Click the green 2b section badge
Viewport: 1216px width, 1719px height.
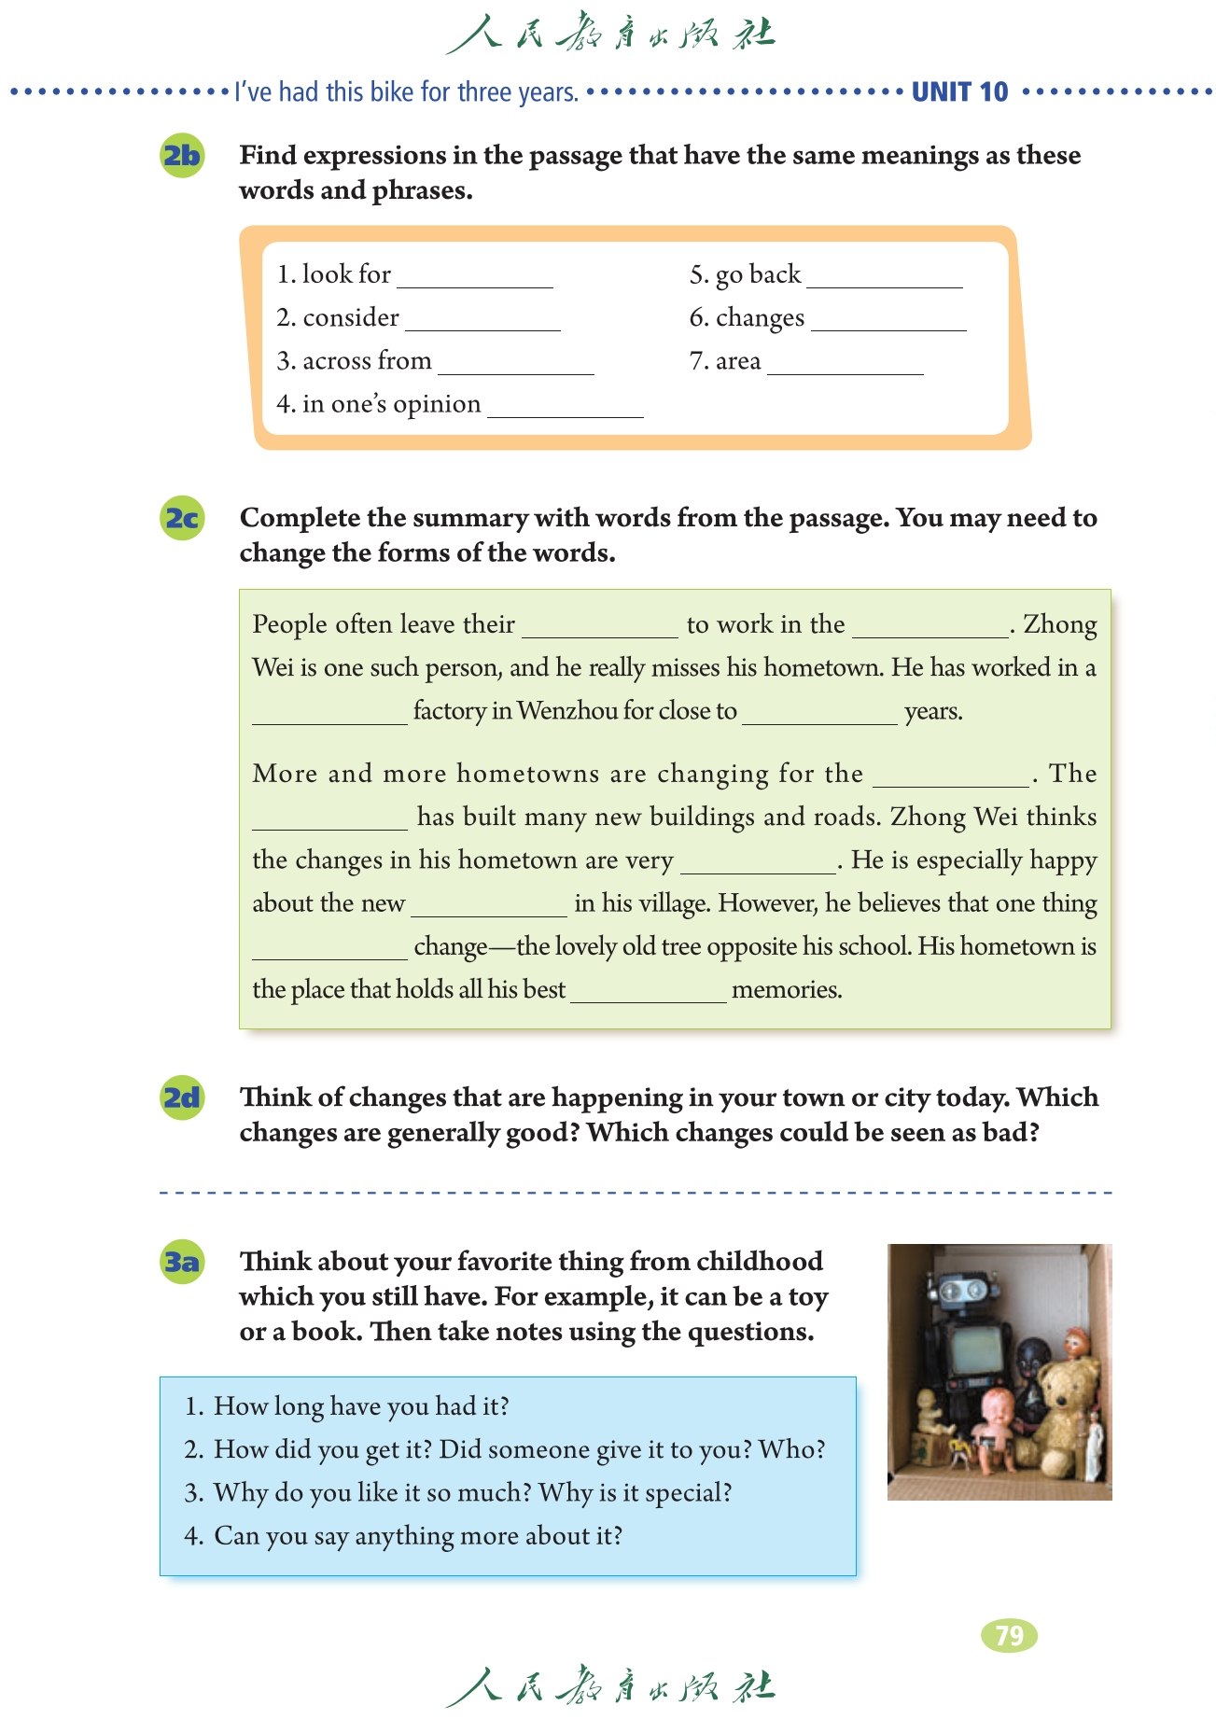[x=182, y=156]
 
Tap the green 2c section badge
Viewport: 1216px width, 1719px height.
[x=182, y=518]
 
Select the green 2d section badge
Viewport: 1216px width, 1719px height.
[x=182, y=1097]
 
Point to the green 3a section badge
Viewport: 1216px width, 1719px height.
[x=182, y=1262]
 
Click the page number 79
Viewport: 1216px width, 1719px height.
[x=1009, y=1635]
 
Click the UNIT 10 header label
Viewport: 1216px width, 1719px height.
[x=959, y=91]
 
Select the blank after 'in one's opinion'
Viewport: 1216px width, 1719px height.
[x=566, y=408]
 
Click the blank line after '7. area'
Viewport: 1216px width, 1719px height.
[x=846, y=365]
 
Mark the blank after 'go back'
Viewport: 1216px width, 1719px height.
[x=885, y=278]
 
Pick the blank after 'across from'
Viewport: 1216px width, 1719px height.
[x=516, y=365]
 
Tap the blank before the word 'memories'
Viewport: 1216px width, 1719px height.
[x=649, y=992]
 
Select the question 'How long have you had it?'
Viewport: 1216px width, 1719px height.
[x=361, y=1406]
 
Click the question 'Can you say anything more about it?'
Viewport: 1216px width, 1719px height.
[x=417, y=1536]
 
